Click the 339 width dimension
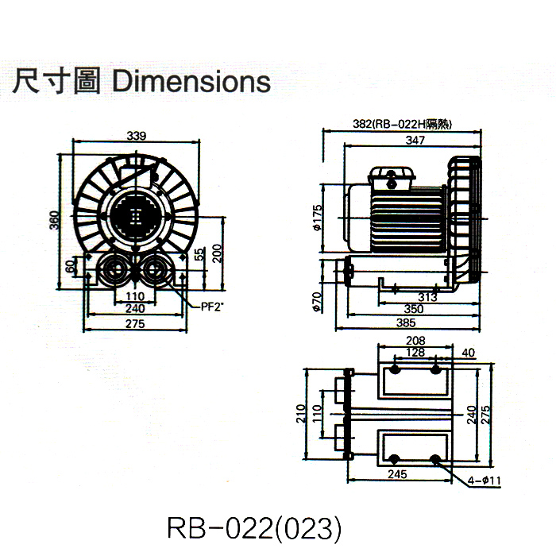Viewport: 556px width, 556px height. (136, 137)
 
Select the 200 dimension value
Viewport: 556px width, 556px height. (216, 253)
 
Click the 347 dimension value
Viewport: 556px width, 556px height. (414, 140)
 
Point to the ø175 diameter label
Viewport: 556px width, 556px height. (316, 217)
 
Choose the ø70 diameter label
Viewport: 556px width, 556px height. (316, 303)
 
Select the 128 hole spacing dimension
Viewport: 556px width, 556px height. (414, 352)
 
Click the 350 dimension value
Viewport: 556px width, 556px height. (414, 309)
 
